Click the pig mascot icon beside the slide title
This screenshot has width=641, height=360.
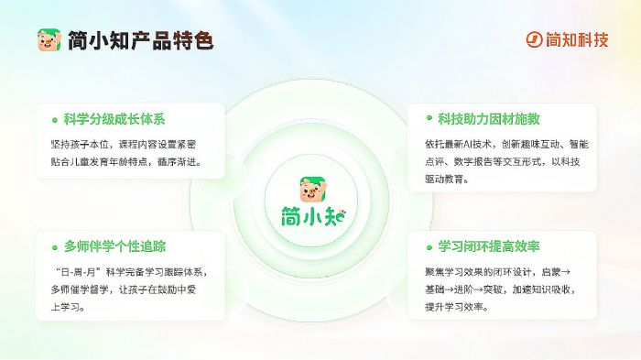pyautogui.click(x=48, y=40)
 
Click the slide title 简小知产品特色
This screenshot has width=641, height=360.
pyautogui.click(x=140, y=40)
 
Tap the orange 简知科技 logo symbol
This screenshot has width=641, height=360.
pyautogui.click(x=535, y=39)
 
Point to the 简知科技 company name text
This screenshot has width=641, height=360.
pyautogui.click(x=578, y=39)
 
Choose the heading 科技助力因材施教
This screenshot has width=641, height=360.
pyautogui.click(x=489, y=119)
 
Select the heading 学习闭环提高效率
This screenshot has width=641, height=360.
pyautogui.click(x=489, y=246)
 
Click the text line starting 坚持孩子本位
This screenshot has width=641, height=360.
pyautogui.click(x=136, y=145)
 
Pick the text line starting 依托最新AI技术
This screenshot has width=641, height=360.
pyautogui.click(x=506, y=145)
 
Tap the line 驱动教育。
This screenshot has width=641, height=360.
pyautogui.click(x=448, y=180)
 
